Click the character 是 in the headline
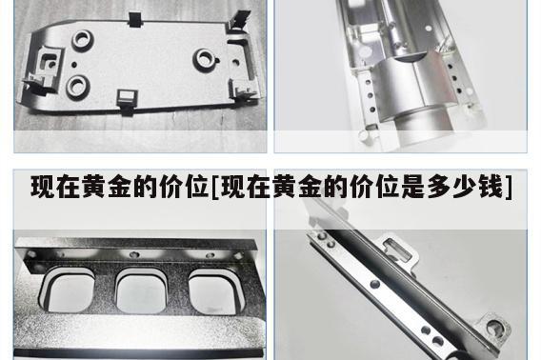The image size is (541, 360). coord(413,187)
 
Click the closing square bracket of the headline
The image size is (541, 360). coord(509,188)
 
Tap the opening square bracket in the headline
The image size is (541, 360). coord(214,188)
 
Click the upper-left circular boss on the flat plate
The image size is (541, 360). coord(83,40)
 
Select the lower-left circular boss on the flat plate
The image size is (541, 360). coord(78,87)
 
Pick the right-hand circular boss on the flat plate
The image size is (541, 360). coord(205,59)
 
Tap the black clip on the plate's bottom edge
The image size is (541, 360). coord(127,100)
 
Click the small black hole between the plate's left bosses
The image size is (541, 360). coord(74,64)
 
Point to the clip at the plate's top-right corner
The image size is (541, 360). coord(239,21)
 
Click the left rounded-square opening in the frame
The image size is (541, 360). coord(68,290)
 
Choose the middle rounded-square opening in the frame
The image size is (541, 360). coord(142,290)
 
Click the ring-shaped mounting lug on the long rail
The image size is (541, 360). coord(493,328)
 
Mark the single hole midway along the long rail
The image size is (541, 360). coord(374,285)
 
